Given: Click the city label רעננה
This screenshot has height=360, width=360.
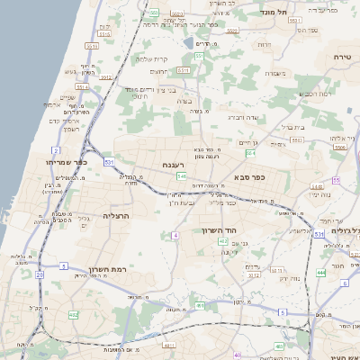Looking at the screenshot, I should (x=174, y=165).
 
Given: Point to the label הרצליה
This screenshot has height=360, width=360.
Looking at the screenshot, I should (x=116, y=216).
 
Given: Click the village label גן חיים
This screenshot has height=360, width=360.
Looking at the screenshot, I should (x=249, y=142).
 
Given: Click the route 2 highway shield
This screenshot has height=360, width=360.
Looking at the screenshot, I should (x=55, y=150).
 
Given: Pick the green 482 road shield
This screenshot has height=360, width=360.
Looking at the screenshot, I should (x=73, y=314).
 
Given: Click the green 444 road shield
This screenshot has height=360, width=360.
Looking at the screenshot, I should (x=321, y=271).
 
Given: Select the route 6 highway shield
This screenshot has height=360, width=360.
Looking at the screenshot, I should (x=281, y=311).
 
